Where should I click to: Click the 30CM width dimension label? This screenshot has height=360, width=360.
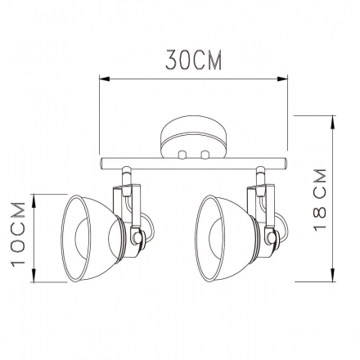click(x=193, y=60)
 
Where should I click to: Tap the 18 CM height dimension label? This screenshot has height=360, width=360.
click(x=320, y=200)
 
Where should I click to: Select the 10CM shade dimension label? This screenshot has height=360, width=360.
click(x=18, y=234)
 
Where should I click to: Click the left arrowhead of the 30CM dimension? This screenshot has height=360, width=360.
click(x=105, y=79)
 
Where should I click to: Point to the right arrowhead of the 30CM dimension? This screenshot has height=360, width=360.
click(x=282, y=79)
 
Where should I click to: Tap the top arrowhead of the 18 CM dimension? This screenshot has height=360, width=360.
click(x=333, y=122)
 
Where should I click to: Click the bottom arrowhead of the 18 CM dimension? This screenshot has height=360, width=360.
click(x=333, y=276)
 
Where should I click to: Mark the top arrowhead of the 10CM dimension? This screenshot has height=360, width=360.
click(x=34, y=200)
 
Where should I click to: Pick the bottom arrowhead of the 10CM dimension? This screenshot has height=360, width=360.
click(x=34, y=276)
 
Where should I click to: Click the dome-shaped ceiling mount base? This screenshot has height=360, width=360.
click(x=193, y=137)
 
